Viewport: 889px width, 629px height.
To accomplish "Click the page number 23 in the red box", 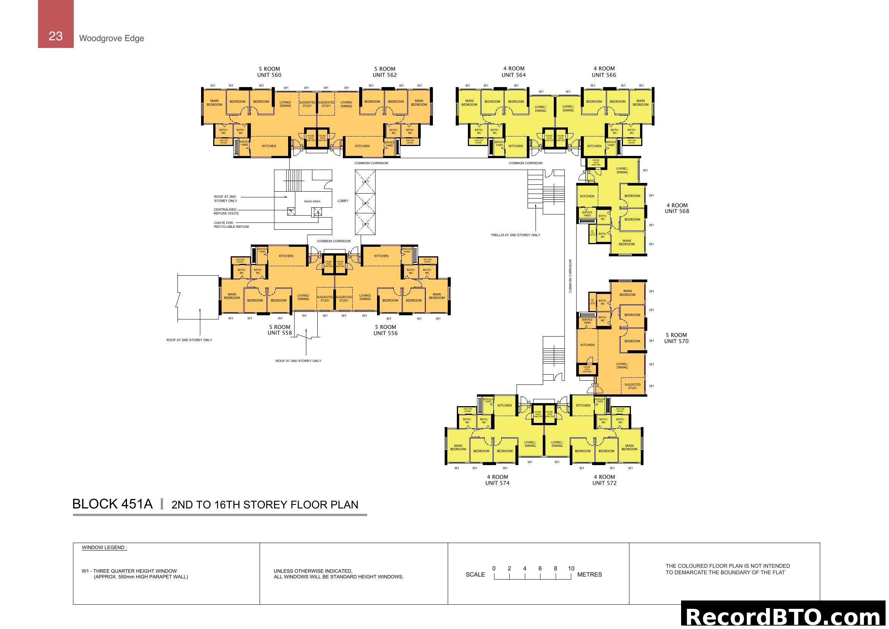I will coord(55,36).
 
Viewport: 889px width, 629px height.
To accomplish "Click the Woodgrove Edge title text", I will coord(111,38).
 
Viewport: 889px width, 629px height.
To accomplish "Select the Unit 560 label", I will coord(269,75).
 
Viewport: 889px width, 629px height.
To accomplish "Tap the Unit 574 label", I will coord(497,483).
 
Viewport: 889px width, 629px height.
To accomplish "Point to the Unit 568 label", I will coord(677,211).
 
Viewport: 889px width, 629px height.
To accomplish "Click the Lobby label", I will coord(343,201).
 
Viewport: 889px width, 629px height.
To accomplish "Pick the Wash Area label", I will coord(312,202).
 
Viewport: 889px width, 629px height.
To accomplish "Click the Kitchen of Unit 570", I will coord(587,345).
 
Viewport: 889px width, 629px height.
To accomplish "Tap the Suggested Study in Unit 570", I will coord(632,386).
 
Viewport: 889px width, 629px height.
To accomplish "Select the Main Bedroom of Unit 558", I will coord(232,296).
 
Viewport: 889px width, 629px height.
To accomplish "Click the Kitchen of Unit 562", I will coord(363,146).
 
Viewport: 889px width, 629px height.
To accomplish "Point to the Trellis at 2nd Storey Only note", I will coord(515,235).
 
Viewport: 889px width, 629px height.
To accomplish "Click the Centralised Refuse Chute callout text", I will coord(226,211).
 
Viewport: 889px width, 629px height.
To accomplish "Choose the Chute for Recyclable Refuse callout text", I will coord(231,225).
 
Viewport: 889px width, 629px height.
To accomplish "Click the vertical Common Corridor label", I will coord(570,276).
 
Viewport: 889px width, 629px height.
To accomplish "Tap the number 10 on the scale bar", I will coord(571,569).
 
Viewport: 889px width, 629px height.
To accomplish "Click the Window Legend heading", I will coord(104,548).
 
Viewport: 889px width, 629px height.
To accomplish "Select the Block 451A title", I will coord(112,504).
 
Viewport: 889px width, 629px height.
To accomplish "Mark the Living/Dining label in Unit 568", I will coord(622,170).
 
